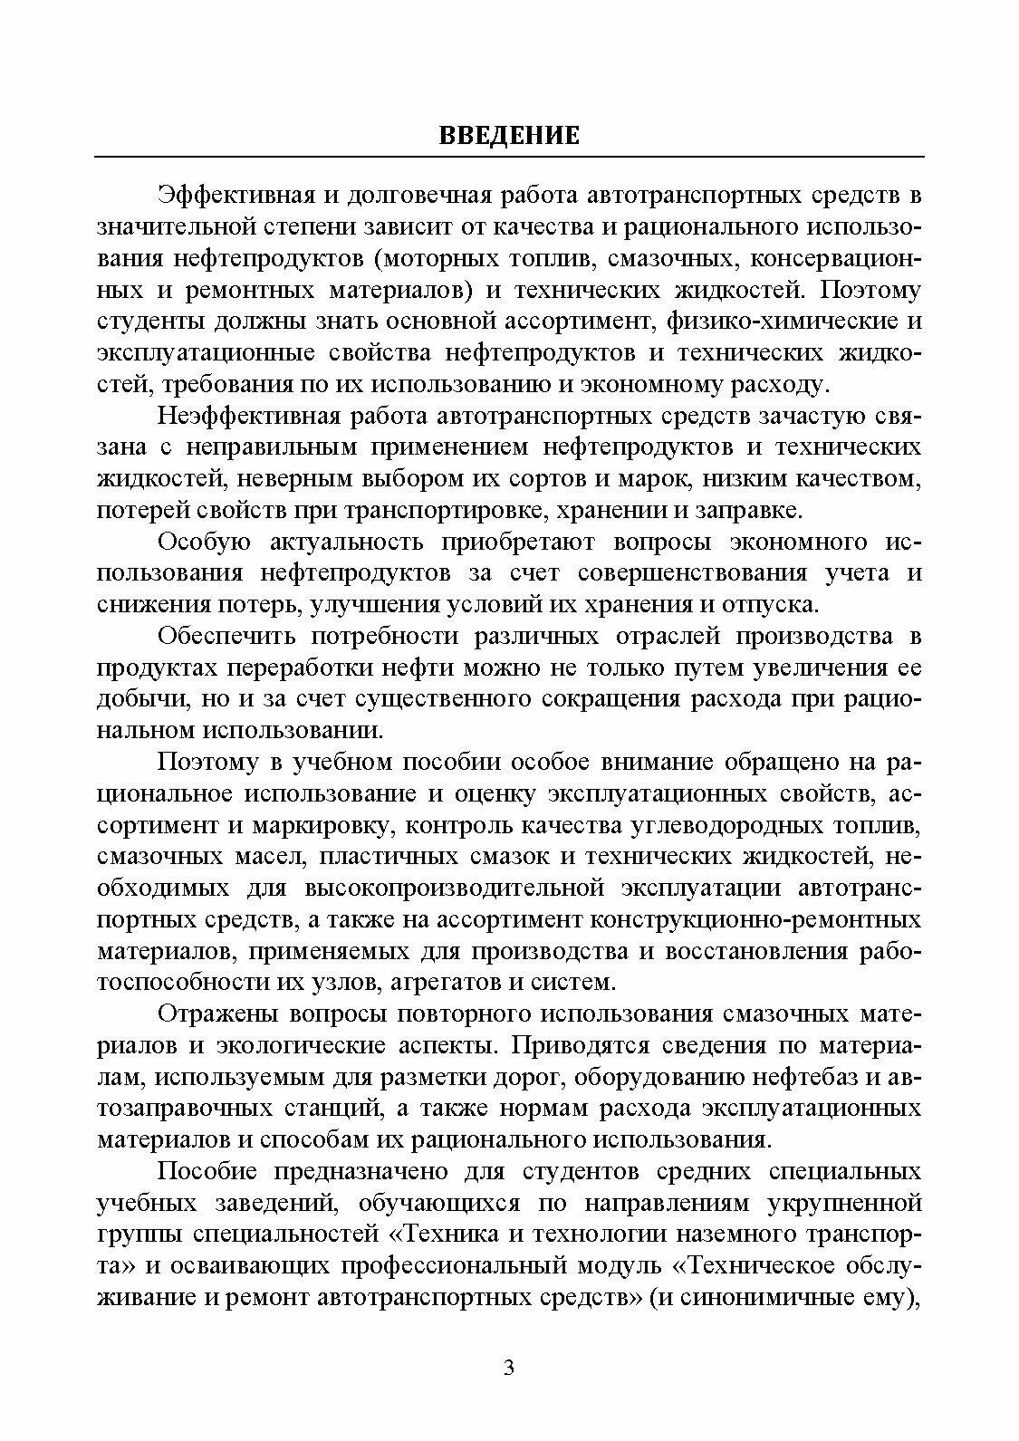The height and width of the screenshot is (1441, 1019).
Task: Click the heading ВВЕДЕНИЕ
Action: [x=509, y=136]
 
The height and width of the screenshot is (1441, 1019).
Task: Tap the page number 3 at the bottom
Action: [x=509, y=1368]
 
